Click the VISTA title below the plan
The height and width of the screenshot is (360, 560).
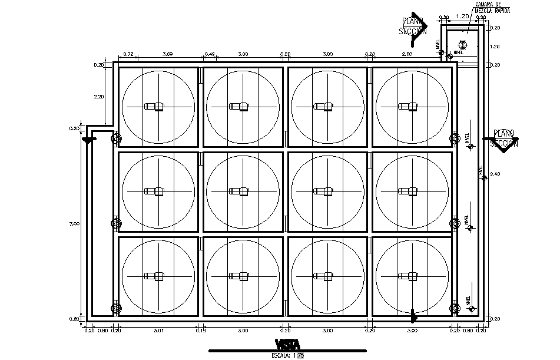pyautogui.click(x=287, y=344)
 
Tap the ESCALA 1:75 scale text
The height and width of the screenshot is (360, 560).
pyautogui.click(x=287, y=355)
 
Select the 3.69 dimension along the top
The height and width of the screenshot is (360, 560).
pyautogui.click(x=167, y=54)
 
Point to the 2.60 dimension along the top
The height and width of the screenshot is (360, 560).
pyautogui.click(x=407, y=54)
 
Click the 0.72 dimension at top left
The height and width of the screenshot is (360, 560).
pyautogui.click(x=129, y=54)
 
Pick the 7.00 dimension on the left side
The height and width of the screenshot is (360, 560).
pyautogui.click(x=74, y=224)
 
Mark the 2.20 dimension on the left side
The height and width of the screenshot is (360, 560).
pyautogui.click(x=98, y=96)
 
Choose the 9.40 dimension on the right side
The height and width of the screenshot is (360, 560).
pyautogui.click(x=495, y=174)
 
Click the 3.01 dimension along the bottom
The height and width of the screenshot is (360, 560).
pyautogui.click(x=158, y=331)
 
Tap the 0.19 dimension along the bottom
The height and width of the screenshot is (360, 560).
pyautogui.click(x=201, y=331)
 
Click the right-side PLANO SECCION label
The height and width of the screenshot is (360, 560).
pyautogui.click(x=505, y=138)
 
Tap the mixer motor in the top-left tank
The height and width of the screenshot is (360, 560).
pyautogui.click(x=157, y=107)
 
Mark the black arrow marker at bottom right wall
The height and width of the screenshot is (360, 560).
pyautogui.click(x=414, y=317)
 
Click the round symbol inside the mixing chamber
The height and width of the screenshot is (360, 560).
pyautogui.click(x=463, y=44)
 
